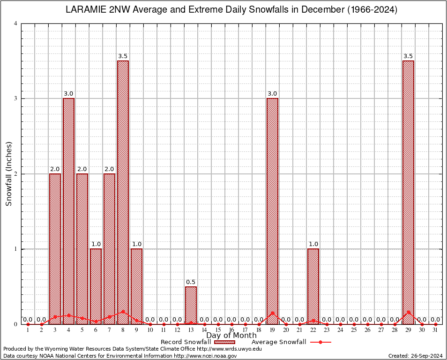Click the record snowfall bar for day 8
[x=123, y=192]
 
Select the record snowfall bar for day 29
[x=408, y=192]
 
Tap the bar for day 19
[x=272, y=211]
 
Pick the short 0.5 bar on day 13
[x=191, y=305]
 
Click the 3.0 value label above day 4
[x=68, y=94]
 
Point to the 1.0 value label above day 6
[x=96, y=244]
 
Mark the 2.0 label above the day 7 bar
[x=109, y=169]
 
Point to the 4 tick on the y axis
[x=16, y=23]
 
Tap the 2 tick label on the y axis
[x=16, y=174]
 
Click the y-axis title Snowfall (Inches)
[x=8, y=173]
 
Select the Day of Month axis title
[x=231, y=335]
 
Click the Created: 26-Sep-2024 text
[x=416, y=356]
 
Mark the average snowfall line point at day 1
[x=28, y=324]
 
